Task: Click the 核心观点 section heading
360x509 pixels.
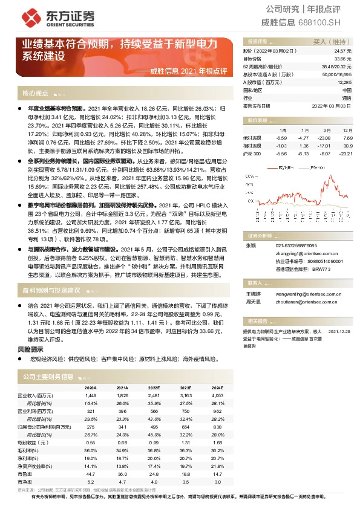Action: [35, 94]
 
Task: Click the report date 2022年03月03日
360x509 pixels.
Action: [332, 105]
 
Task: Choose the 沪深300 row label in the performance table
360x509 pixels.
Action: [252, 154]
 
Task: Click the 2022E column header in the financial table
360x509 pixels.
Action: [154, 387]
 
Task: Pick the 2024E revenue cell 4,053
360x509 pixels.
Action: [217, 395]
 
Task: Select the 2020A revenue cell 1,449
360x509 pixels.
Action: [90, 395]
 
